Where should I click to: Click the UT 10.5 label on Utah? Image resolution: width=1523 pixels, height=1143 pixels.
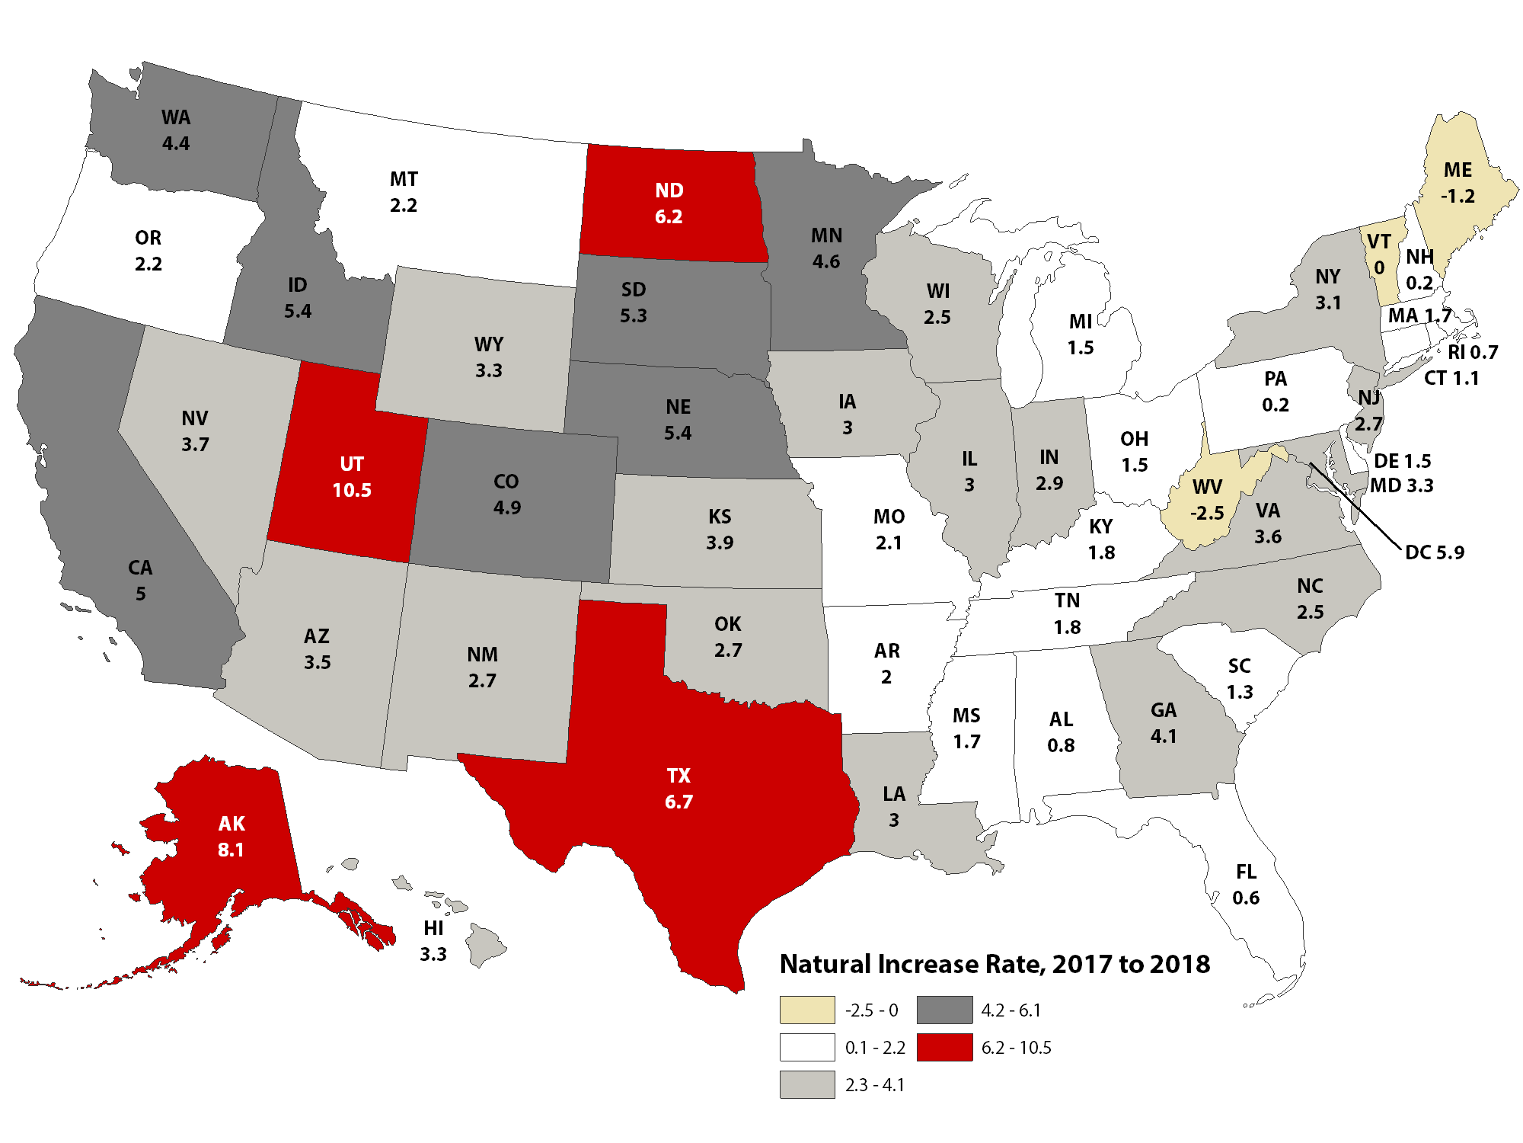point(352,477)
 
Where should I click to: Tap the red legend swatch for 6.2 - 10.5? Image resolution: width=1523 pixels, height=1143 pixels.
point(944,1047)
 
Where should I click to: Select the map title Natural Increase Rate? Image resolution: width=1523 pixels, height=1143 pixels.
point(995,964)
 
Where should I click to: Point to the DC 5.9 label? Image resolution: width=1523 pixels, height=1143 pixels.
point(1434,552)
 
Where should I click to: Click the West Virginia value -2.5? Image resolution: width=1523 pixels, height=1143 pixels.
point(1207,513)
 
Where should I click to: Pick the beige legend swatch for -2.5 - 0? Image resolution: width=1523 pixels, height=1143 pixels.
point(807,1010)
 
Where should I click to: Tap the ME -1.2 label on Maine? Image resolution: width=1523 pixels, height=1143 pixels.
point(1458,183)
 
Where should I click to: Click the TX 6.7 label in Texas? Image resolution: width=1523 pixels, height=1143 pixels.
point(678,789)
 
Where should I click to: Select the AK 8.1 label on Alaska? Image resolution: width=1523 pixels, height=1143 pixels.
point(231,837)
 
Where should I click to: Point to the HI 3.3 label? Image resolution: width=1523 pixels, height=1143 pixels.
point(433,941)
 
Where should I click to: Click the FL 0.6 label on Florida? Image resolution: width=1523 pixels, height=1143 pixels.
point(1246,885)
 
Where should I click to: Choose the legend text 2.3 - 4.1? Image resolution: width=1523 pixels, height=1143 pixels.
point(875,1084)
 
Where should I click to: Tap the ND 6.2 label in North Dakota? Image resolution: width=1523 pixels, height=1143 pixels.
point(669,203)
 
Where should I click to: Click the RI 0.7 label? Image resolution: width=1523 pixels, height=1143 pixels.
point(1473,352)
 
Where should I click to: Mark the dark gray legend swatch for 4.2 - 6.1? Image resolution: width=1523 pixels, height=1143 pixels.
point(944,1010)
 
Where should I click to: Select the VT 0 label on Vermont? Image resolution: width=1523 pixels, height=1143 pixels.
point(1379,255)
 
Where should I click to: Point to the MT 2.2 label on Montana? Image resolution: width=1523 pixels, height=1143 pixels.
point(404,192)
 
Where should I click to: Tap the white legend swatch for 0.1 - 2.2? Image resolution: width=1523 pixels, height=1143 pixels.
point(807,1047)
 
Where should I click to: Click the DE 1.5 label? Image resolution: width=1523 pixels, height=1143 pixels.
point(1402,461)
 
